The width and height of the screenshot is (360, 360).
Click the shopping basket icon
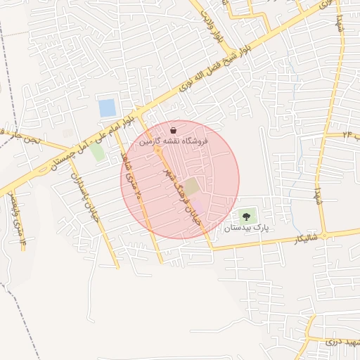click(174, 129)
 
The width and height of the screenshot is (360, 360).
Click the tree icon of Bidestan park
click(245, 216)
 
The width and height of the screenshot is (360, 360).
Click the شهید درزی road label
click(342, 341)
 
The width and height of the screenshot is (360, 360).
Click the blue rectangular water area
click(107, 108)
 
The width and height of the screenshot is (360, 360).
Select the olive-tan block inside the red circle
click(191, 187)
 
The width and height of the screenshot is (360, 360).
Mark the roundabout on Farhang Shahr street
click(159, 151)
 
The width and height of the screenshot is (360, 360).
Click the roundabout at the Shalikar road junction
click(325, 234)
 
